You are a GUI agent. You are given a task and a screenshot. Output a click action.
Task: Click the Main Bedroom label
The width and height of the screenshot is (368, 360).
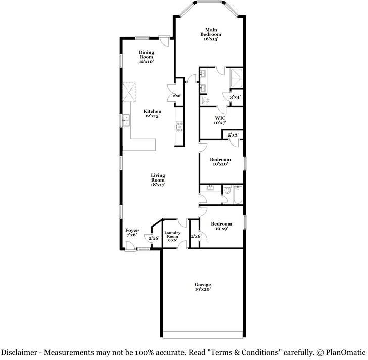point(210,34)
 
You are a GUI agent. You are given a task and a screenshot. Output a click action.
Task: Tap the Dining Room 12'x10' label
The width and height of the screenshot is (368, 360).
point(146,57)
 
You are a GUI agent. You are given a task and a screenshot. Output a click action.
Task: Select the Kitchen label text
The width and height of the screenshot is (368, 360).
point(152,111)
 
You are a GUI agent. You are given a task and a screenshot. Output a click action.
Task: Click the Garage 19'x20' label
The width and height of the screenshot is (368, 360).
point(203,287)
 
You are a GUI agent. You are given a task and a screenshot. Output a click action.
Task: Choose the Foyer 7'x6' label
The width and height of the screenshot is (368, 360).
point(132,233)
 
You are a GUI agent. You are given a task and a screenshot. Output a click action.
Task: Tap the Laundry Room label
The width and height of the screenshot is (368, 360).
point(172,235)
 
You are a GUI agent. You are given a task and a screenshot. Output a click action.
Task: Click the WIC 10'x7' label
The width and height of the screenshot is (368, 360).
point(220,120)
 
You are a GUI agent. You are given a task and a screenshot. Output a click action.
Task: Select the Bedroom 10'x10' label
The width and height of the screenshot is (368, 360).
point(220,162)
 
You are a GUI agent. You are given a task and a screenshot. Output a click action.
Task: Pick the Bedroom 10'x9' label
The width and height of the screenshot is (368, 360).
point(221,226)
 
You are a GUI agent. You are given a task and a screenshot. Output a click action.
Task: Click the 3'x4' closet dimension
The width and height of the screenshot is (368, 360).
point(235,97)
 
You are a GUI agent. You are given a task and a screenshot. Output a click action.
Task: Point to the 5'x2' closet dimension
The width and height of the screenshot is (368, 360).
point(234,135)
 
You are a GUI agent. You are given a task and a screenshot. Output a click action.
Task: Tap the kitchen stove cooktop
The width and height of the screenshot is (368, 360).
point(180,127)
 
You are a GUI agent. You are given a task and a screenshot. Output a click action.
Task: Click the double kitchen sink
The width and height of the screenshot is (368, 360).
point(126,120)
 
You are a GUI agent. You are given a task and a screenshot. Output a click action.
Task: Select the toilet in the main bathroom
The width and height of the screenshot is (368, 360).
point(204,100)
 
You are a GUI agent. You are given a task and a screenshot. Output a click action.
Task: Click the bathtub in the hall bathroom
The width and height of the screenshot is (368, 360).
point(238,195)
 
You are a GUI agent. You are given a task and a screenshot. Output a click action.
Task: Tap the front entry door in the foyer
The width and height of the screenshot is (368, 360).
point(130,246)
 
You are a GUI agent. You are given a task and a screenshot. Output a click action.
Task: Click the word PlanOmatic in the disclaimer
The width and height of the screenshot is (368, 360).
point(345,352)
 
